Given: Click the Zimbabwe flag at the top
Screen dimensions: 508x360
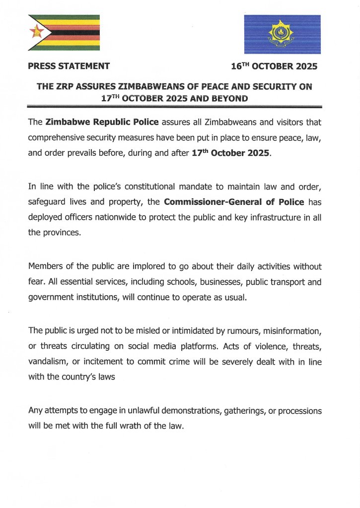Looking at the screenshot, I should click(64, 33).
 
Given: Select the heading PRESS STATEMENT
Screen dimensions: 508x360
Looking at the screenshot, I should click(69, 65).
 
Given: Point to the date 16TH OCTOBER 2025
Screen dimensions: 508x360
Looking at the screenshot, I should click(274, 65).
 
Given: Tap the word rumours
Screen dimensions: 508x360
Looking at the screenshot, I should click(233, 330).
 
